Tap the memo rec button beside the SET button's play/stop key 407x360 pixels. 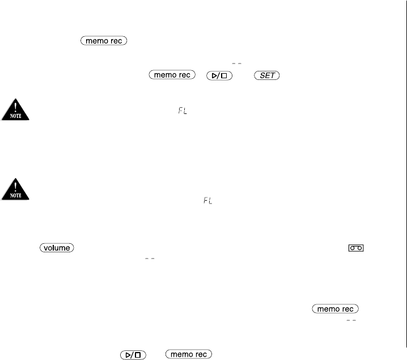(172, 75)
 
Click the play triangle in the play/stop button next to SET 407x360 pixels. (216, 75)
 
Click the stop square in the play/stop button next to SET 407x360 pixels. (225, 75)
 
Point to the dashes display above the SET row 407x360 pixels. (237, 63)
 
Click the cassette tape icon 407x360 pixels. (355, 248)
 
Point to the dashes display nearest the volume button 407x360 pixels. (150, 258)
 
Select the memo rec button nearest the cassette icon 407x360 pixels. (335, 308)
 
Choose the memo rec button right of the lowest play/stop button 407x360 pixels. (189, 354)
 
